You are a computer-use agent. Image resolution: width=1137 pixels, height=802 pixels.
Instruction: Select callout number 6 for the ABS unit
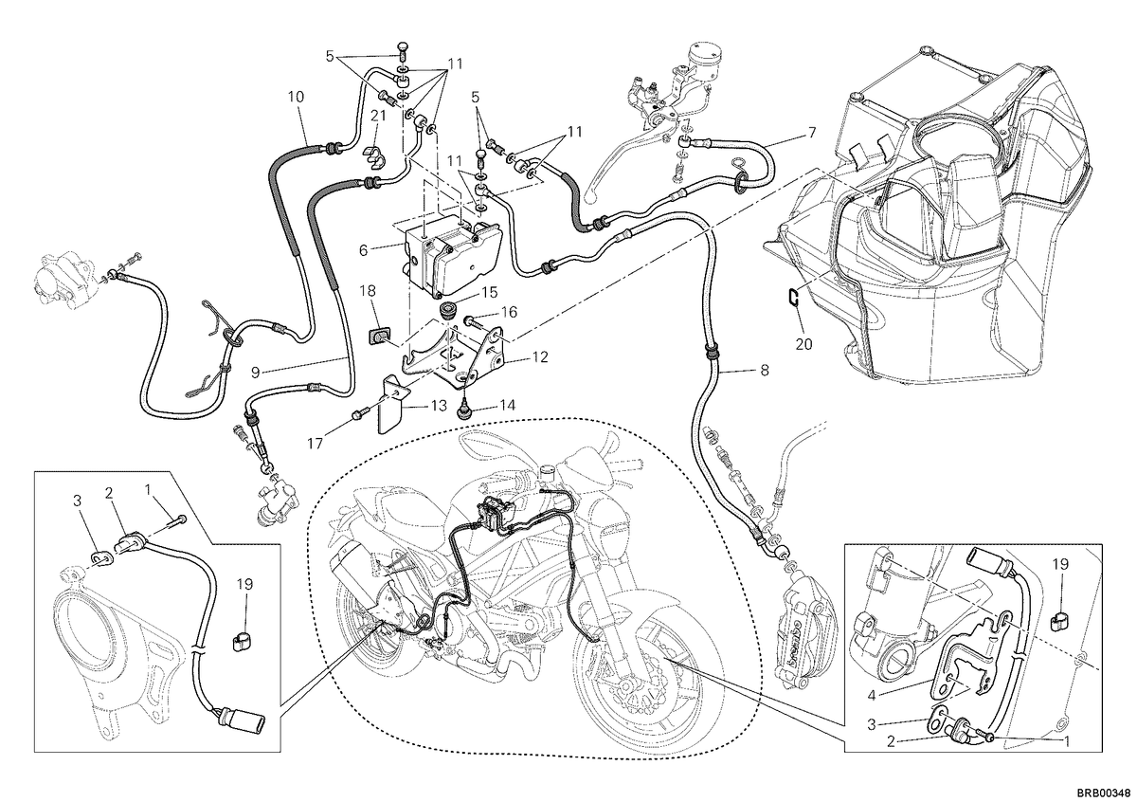click(x=363, y=250)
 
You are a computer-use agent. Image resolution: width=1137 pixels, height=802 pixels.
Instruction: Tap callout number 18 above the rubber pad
click(x=368, y=290)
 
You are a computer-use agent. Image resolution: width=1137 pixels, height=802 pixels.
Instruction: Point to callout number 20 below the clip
click(x=804, y=344)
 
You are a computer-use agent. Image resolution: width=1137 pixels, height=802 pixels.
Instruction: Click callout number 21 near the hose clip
click(x=378, y=116)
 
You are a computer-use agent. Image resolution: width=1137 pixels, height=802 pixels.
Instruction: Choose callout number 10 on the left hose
click(x=296, y=97)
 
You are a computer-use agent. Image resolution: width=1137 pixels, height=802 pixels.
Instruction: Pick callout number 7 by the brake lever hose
click(x=812, y=133)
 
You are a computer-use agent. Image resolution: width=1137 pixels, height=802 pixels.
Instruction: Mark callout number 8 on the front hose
click(x=765, y=371)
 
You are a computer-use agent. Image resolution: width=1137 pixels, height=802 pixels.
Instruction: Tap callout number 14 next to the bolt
click(x=507, y=405)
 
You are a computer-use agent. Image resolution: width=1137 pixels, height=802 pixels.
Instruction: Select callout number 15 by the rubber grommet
click(x=491, y=292)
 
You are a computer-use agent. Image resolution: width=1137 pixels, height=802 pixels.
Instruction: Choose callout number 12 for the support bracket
click(x=541, y=357)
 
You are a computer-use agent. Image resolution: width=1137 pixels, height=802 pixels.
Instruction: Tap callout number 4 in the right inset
click(x=872, y=695)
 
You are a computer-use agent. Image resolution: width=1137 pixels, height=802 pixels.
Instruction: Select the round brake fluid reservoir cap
click(x=704, y=52)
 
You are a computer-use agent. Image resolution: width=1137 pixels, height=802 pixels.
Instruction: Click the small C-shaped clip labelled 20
click(x=794, y=297)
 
